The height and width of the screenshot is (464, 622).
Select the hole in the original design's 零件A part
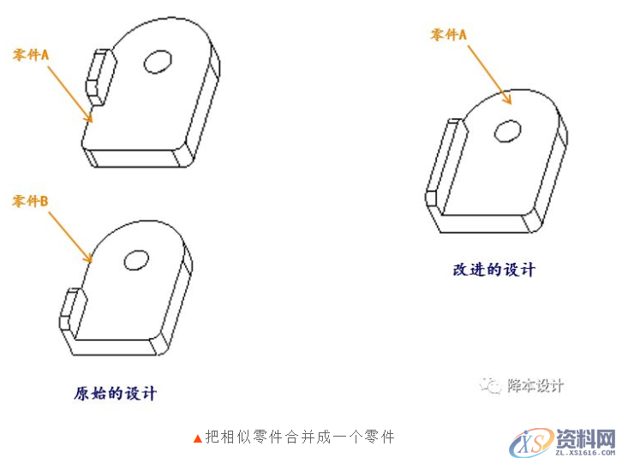158,61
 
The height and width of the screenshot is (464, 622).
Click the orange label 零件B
30,201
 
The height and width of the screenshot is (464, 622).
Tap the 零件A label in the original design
31,55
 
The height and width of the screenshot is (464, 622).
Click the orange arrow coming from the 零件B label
70,235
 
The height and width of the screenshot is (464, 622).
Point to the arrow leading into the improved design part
488,74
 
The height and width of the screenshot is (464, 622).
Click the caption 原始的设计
116,394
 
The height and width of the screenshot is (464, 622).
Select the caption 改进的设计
493,270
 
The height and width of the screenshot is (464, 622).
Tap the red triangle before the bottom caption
198,438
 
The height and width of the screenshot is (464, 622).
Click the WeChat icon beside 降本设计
491,386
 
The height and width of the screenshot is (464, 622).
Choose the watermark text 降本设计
535,386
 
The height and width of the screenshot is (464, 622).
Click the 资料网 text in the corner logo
586,438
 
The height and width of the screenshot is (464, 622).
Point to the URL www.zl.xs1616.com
586,455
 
